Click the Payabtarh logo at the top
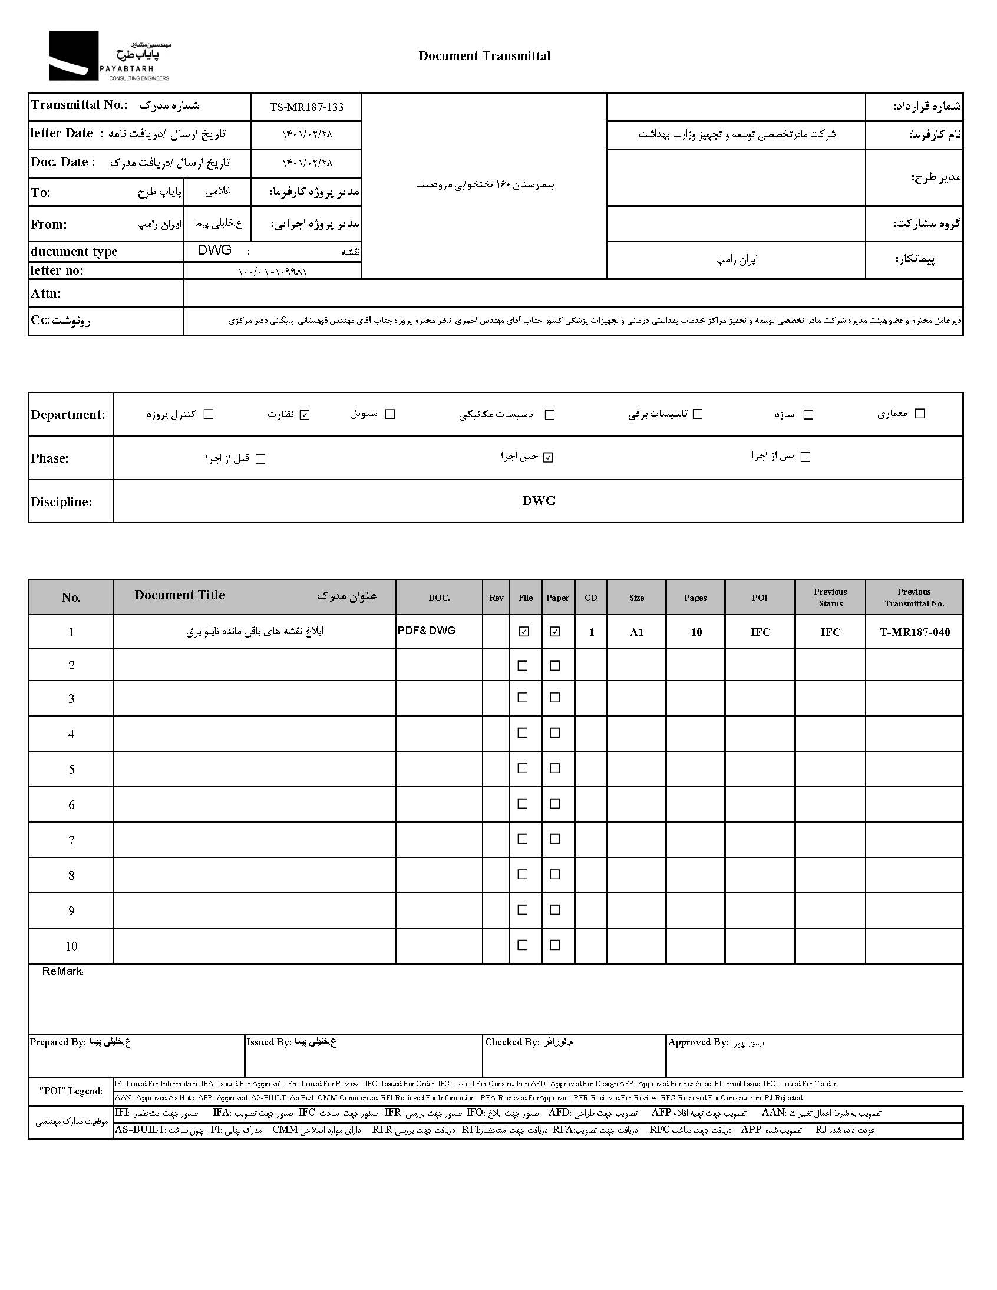(x=109, y=56)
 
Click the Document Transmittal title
(x=484, y=56)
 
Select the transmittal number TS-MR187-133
(x=306, y=107)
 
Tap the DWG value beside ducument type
(x=214, y=250)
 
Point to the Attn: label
(x=46, y=293)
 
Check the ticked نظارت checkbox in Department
(x=305, y=415)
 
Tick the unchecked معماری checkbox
(x=920, y=414)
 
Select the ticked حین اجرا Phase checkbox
(x=548, y=457)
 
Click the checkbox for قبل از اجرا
(x=260, y=459)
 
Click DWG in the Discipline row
(x=539, y=501)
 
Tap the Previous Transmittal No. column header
(x=914, y=597)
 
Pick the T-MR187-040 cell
(x=915, y=632)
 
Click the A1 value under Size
(x=636, y=632)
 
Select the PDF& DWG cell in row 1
(x=427, y=631)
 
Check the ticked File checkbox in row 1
(x=523, y=632)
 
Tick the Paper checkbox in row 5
(x=554, y=768)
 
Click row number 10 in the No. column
(x=71, y=946)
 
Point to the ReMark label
(x=62, y=972)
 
